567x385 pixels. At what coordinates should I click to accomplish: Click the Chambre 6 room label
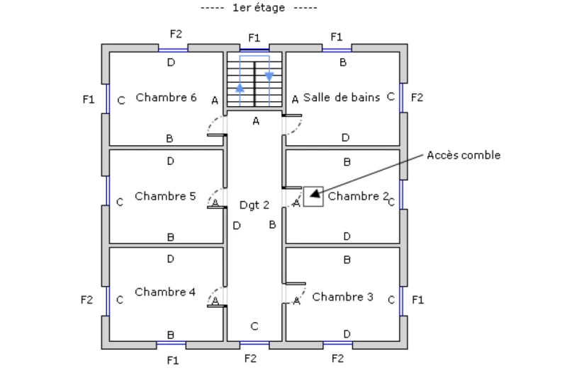(x=166, y=98)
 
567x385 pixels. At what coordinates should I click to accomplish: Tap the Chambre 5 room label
(x=165, y=196)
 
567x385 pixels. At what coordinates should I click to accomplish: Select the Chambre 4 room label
(x=165, y=292)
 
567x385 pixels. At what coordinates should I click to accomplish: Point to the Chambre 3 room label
(x=342, y=297)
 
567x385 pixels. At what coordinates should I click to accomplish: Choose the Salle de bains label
(x=342, y=98)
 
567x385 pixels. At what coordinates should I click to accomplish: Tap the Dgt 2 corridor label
(x=254, y=205)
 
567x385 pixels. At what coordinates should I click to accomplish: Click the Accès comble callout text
(x=464, y=155)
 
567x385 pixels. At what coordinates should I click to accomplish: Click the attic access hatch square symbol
(x=313, y=197)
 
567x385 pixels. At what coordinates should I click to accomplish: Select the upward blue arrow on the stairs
(x=240, y=88)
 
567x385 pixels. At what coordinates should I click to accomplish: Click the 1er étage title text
(x=259, y=8)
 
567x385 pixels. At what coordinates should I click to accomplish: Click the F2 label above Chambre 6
(x=176, y=33)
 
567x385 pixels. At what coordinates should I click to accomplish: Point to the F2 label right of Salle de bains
(x=417, y=98)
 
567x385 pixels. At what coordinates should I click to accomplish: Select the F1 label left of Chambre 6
(x=88, y=100)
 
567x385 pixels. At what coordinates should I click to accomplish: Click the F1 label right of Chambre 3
(x=417, y=299)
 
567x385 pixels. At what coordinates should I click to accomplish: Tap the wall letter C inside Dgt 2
(x=254, y=326)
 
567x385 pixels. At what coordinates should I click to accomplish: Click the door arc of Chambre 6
(x=214, y=125)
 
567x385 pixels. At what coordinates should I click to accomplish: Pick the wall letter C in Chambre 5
(x=120, y=202)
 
